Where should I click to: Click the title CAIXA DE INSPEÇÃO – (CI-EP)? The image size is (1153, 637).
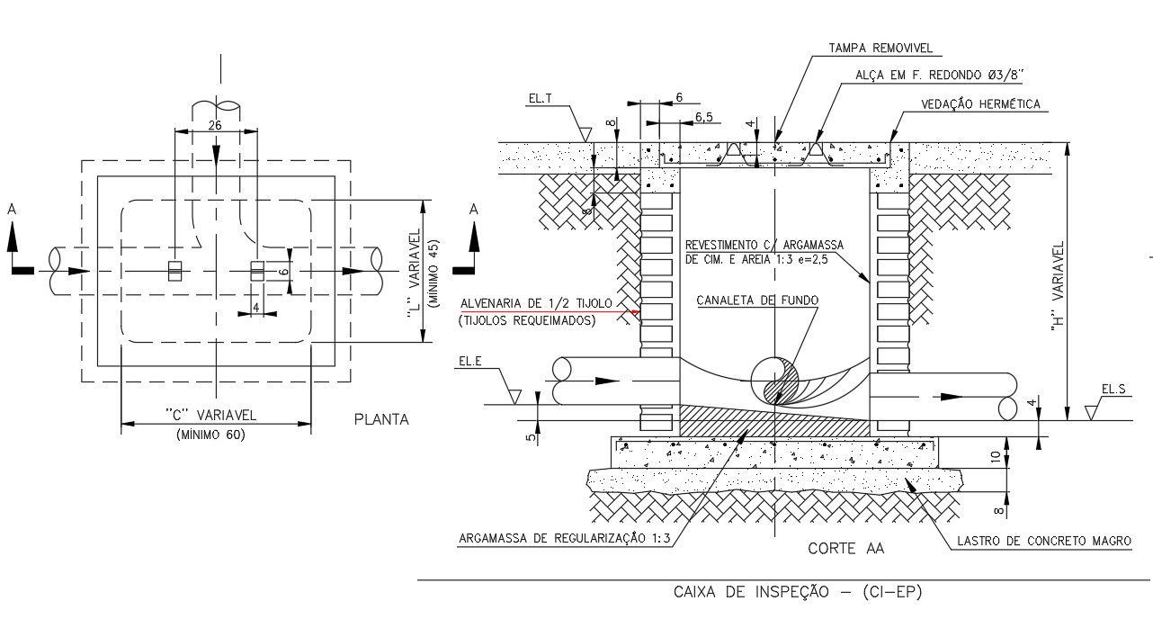tap(798, 592)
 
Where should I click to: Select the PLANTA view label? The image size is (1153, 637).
tap(381, 419)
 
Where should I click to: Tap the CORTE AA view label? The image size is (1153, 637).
tap(845, 547)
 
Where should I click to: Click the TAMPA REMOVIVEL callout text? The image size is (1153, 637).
tap(880, 48)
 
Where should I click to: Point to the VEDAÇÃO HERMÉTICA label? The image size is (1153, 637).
tap(980, 104)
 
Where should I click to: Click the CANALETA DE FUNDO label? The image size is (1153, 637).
tap(757, 301)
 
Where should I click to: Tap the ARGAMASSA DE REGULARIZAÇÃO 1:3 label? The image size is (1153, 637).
tap(565, 539)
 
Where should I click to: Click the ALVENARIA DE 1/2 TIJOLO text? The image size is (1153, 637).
tap(536, 303)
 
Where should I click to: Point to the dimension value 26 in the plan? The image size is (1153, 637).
tap(215, 126)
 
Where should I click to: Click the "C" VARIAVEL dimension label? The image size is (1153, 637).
tap(211, 415)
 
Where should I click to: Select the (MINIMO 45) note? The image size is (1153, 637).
tap(433, 274)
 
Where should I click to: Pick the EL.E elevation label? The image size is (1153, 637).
tap(470, 362)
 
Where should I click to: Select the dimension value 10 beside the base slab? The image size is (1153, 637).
tap(996, 456)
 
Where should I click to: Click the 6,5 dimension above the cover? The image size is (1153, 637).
tap(704, 117)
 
